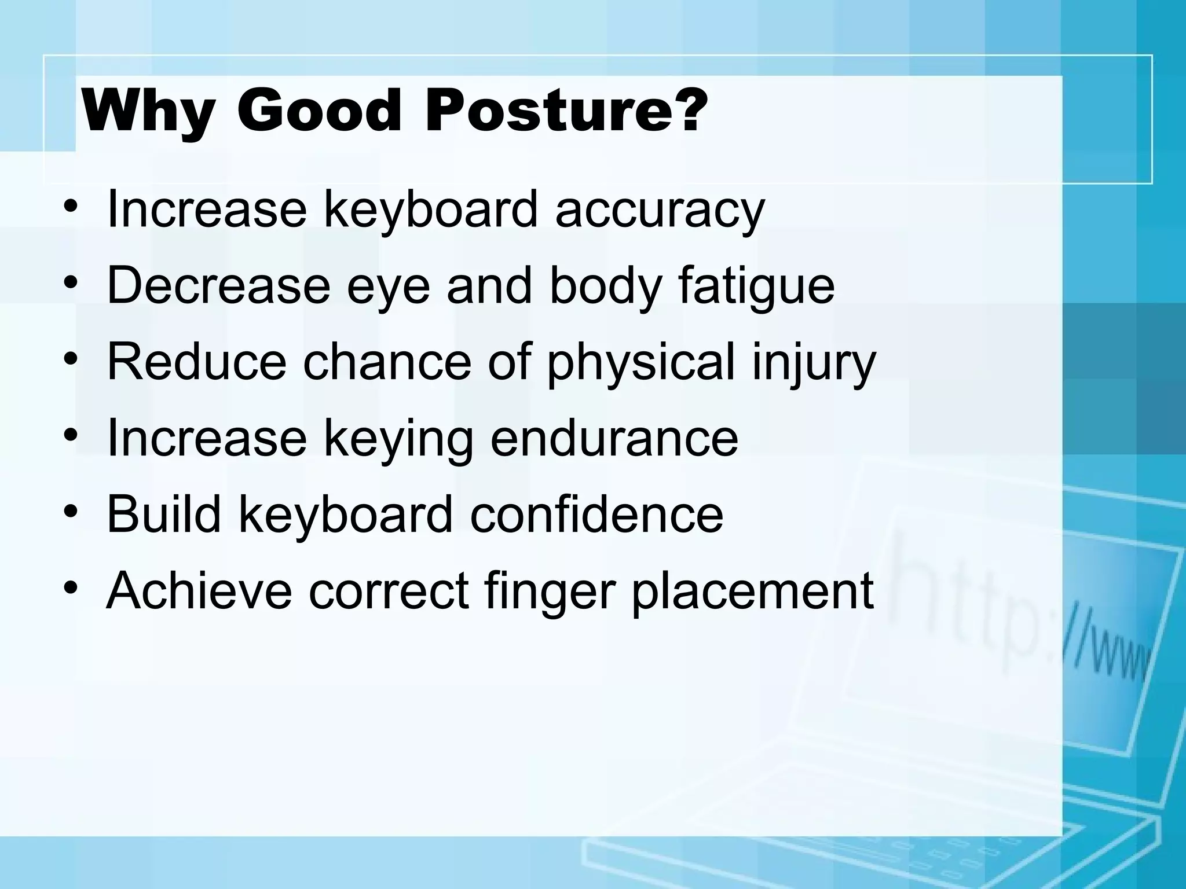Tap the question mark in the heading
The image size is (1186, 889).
click(686, 109)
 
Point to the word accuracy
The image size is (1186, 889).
click(660, 211)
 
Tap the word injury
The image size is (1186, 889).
click(813, 363)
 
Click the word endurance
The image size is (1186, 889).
click(614, 438)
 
